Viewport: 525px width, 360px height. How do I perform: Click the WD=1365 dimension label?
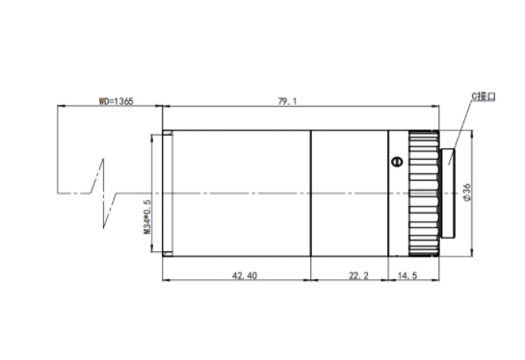(116, 101)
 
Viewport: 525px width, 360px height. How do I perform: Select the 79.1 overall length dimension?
(287, 101)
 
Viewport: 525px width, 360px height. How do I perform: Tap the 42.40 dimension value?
(245, 275)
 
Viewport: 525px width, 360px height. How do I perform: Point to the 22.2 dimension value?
(358, 275)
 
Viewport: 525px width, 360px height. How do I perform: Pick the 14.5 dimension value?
(407, 275)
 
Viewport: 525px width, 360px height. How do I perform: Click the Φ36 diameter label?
(467, 193)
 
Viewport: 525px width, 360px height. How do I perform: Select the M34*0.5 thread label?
(147, 217)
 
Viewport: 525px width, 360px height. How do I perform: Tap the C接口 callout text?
(484, 96)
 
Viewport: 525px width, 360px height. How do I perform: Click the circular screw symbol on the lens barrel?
(397, 162)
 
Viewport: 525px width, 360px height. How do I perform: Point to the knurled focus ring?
(424, 193)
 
